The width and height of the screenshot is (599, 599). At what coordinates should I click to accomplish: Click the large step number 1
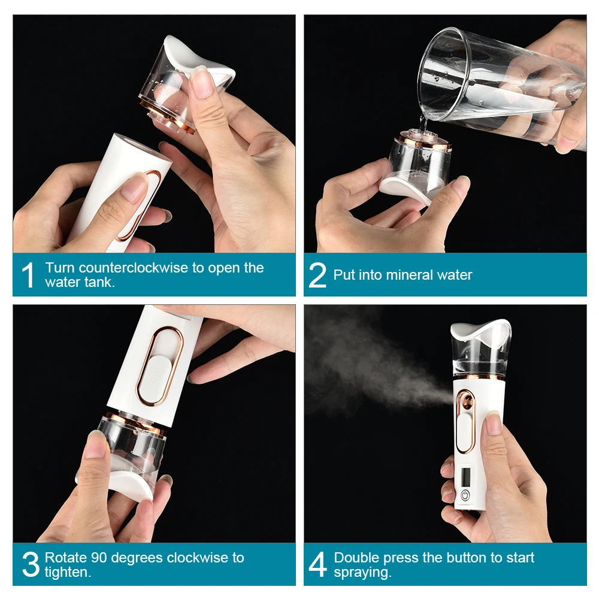pyautogui.click(x=28, y=276)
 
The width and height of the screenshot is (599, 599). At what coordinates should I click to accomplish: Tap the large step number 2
pyautogui.click(x=317, y=276)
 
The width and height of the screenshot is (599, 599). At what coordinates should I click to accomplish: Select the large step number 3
pyautogui.click(x=30, y=565)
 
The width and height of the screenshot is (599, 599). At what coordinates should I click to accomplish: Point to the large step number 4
pyautogui.click(x=318, y=565)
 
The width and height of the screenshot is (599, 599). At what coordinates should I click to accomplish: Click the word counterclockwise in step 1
pyautogui.click(x=133, y=268)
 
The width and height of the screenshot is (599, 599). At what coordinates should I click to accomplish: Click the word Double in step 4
pyautogui.click(x=357, y=558)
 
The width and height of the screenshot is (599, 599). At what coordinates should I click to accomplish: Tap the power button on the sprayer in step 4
pyautogui.click(x=465, y=495)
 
